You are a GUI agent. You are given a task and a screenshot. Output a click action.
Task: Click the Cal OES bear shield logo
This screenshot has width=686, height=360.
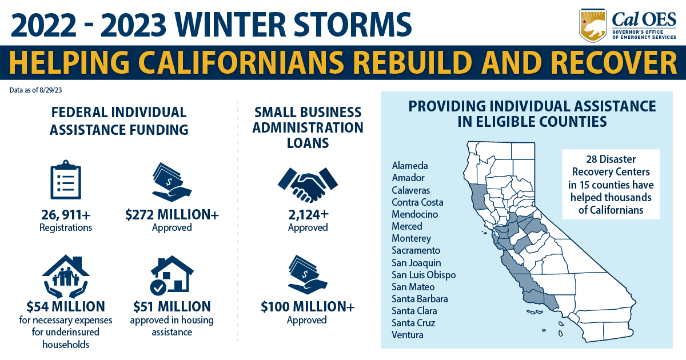pos(593,25)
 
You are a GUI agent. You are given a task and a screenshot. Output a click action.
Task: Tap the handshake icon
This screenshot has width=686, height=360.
pos(308,185)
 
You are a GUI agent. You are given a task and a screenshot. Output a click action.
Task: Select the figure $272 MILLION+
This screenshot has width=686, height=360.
pos(171,215)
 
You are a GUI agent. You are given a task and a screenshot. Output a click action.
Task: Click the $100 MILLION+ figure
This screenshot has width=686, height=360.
pos(308,307)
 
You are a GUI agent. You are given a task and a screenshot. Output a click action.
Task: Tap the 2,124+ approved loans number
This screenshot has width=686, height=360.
pos(308,215)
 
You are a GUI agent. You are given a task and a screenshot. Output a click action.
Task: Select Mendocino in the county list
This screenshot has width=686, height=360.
pos(414,214)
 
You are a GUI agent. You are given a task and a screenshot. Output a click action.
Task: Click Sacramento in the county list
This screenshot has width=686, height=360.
pos(416,250)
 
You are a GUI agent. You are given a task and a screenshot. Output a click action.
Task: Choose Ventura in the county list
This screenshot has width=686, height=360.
pos(408,335)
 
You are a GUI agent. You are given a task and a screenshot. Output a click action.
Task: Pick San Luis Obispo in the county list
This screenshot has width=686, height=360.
pos(424,275)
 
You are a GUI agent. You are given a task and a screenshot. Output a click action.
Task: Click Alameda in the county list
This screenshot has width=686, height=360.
pos(409,166)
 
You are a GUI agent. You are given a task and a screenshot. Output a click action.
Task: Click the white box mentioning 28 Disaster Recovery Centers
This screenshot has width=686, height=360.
pos(611,184)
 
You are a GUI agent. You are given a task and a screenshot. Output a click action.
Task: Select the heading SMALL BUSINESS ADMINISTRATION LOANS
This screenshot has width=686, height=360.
pos(308,127)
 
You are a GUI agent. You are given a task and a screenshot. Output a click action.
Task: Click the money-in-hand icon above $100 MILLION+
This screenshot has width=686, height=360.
pos(308,273)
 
